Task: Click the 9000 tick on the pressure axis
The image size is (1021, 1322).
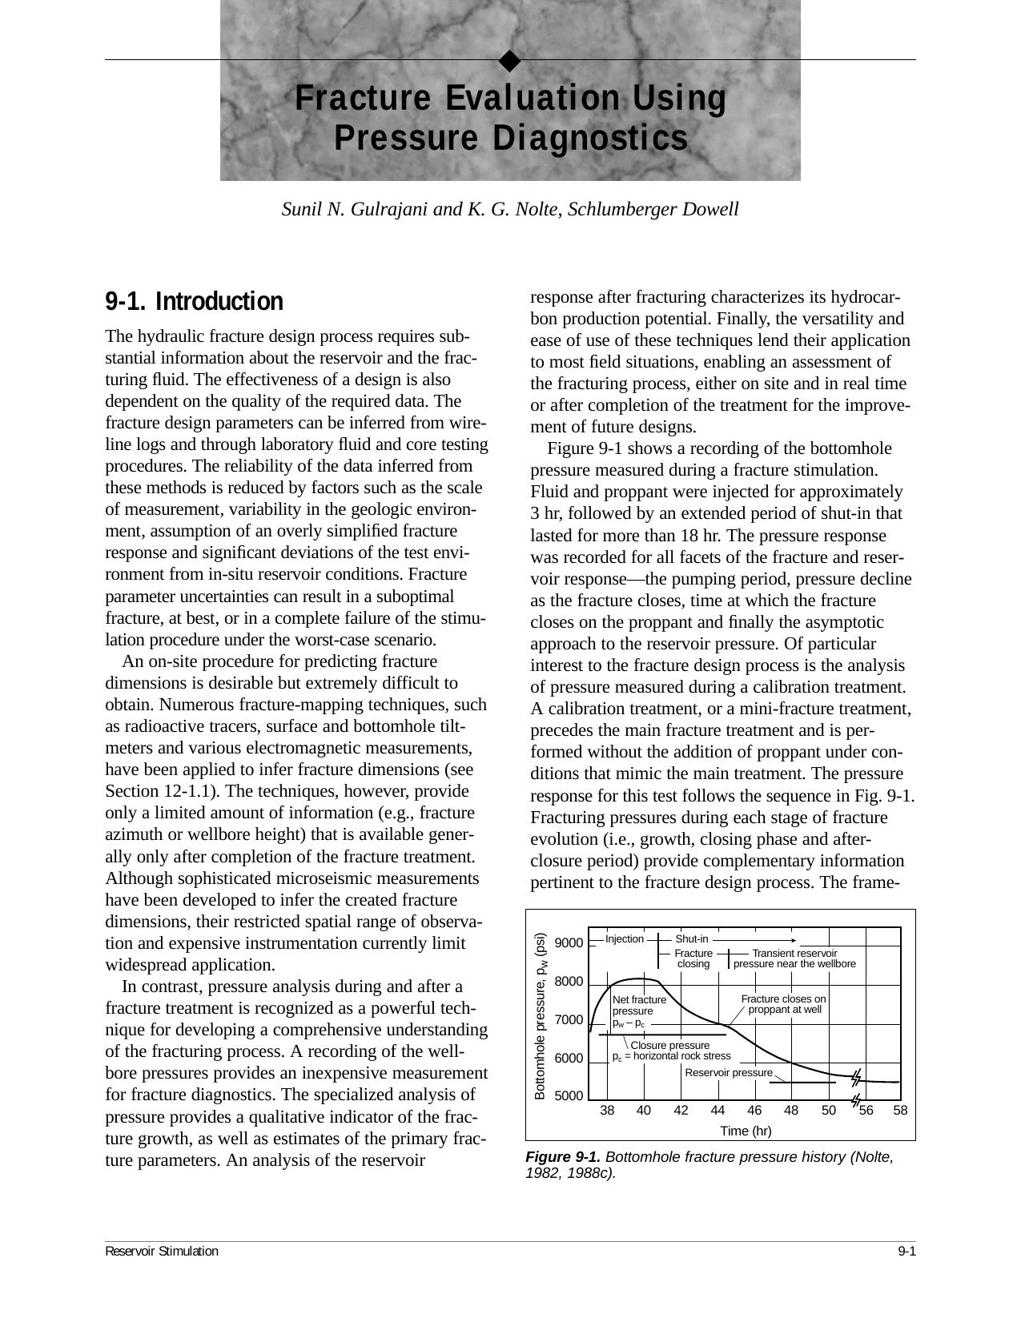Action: [x=569, y=943]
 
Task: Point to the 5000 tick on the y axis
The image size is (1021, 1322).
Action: [x=569, y=1095]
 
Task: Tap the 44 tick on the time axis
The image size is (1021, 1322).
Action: [x=718, y=1111]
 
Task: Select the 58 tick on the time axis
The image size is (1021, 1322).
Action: [x=900, y=1111]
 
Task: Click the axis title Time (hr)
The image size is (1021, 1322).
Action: [x=746, y=1131]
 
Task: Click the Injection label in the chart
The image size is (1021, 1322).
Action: [x=624, y=939]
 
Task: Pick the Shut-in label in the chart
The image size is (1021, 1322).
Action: [x=692, y=939]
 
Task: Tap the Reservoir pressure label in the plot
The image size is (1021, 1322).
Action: [x=729, y=1073]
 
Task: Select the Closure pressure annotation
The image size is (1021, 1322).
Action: [x=669, y=1046]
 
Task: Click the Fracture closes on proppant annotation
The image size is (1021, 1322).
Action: [x=783, y=1004]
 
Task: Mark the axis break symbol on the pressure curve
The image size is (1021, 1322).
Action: [x=856, y=1077]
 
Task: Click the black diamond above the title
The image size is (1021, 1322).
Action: [x=509, y=60]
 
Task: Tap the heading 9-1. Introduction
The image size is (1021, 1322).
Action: [x=194, y=302]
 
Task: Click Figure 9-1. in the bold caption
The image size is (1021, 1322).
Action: [x=562, y=1157]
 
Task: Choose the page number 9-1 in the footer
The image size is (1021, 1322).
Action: [x=906, y=1252]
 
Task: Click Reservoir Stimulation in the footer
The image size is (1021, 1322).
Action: [x=162, y=1252]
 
